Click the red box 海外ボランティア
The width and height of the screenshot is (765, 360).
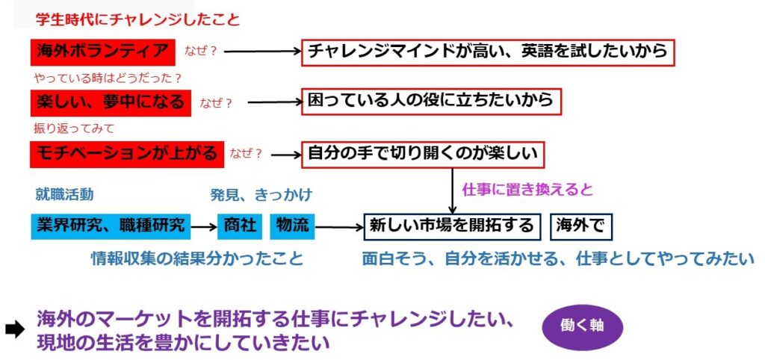[x=103, y=52]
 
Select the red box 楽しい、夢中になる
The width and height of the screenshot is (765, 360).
[x=111, y=102]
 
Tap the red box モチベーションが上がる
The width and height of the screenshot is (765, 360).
[x=127, y=154]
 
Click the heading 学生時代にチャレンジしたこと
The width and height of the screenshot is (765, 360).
[x=137, y=19]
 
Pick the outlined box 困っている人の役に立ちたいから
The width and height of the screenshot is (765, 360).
[x=430, y=101]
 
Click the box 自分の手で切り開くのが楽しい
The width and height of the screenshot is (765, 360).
[x=423, y=154]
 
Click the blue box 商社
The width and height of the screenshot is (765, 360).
[x=239, y=226]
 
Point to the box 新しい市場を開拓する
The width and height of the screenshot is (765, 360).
[x=453, y=226]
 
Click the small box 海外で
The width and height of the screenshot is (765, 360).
[x=580, y=226]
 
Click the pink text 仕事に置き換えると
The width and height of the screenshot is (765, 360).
[x=527, y=190]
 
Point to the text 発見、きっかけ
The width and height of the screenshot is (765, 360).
[x=261, y=195]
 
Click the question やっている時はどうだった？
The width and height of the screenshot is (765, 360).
[x=108, y=77]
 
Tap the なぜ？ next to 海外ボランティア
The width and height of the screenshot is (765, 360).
[x=200, y=52]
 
